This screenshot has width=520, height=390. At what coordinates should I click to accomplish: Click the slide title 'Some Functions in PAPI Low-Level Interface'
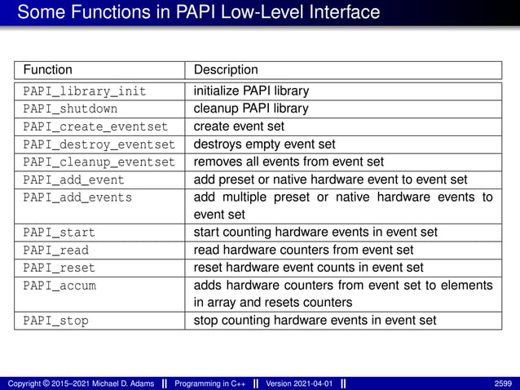pyautogui.click(x=198, y=12)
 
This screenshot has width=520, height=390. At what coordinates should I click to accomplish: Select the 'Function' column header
pyautogui.click(x=47, y=70)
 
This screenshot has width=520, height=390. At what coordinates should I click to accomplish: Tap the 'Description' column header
pyautogui.click(x=226, y=70)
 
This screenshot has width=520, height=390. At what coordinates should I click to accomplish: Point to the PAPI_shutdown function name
pyautogui.click(x=70, y=109)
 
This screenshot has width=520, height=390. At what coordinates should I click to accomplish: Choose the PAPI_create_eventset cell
pyautogui.click(x=95, y=126)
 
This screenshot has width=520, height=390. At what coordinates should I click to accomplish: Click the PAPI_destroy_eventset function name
pyautogui.click(x=99, y=144)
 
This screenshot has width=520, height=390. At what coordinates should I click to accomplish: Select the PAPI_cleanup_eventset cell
pyautogui.click(x=99, y=162)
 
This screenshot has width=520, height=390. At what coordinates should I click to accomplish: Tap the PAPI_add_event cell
pyautogui.click(x=73, y=179)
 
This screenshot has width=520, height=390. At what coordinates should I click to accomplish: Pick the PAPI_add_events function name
pyautogui.click(x=77, y=197)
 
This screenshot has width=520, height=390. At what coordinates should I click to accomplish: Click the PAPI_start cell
pyautogui.click(x=59, y=233)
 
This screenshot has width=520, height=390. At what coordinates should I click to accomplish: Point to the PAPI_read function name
pyautogui.click(x=55, y=250)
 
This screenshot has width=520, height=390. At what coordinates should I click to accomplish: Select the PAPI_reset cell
pyautogui.click(x=59, y=268)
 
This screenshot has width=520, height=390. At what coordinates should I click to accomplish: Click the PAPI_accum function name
pyautogui.click(x=59, y=286)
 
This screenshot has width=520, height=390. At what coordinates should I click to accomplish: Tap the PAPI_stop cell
pyautogui.click(x=55, y=321)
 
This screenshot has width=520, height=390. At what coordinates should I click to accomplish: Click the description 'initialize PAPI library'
pyautogui.click(x=251, y=91)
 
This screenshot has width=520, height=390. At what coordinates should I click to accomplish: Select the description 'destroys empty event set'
pyautogui.click(x=264, y=144)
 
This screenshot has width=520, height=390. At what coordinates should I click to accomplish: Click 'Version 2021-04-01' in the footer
pyautogui.click(x=300, y=383)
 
